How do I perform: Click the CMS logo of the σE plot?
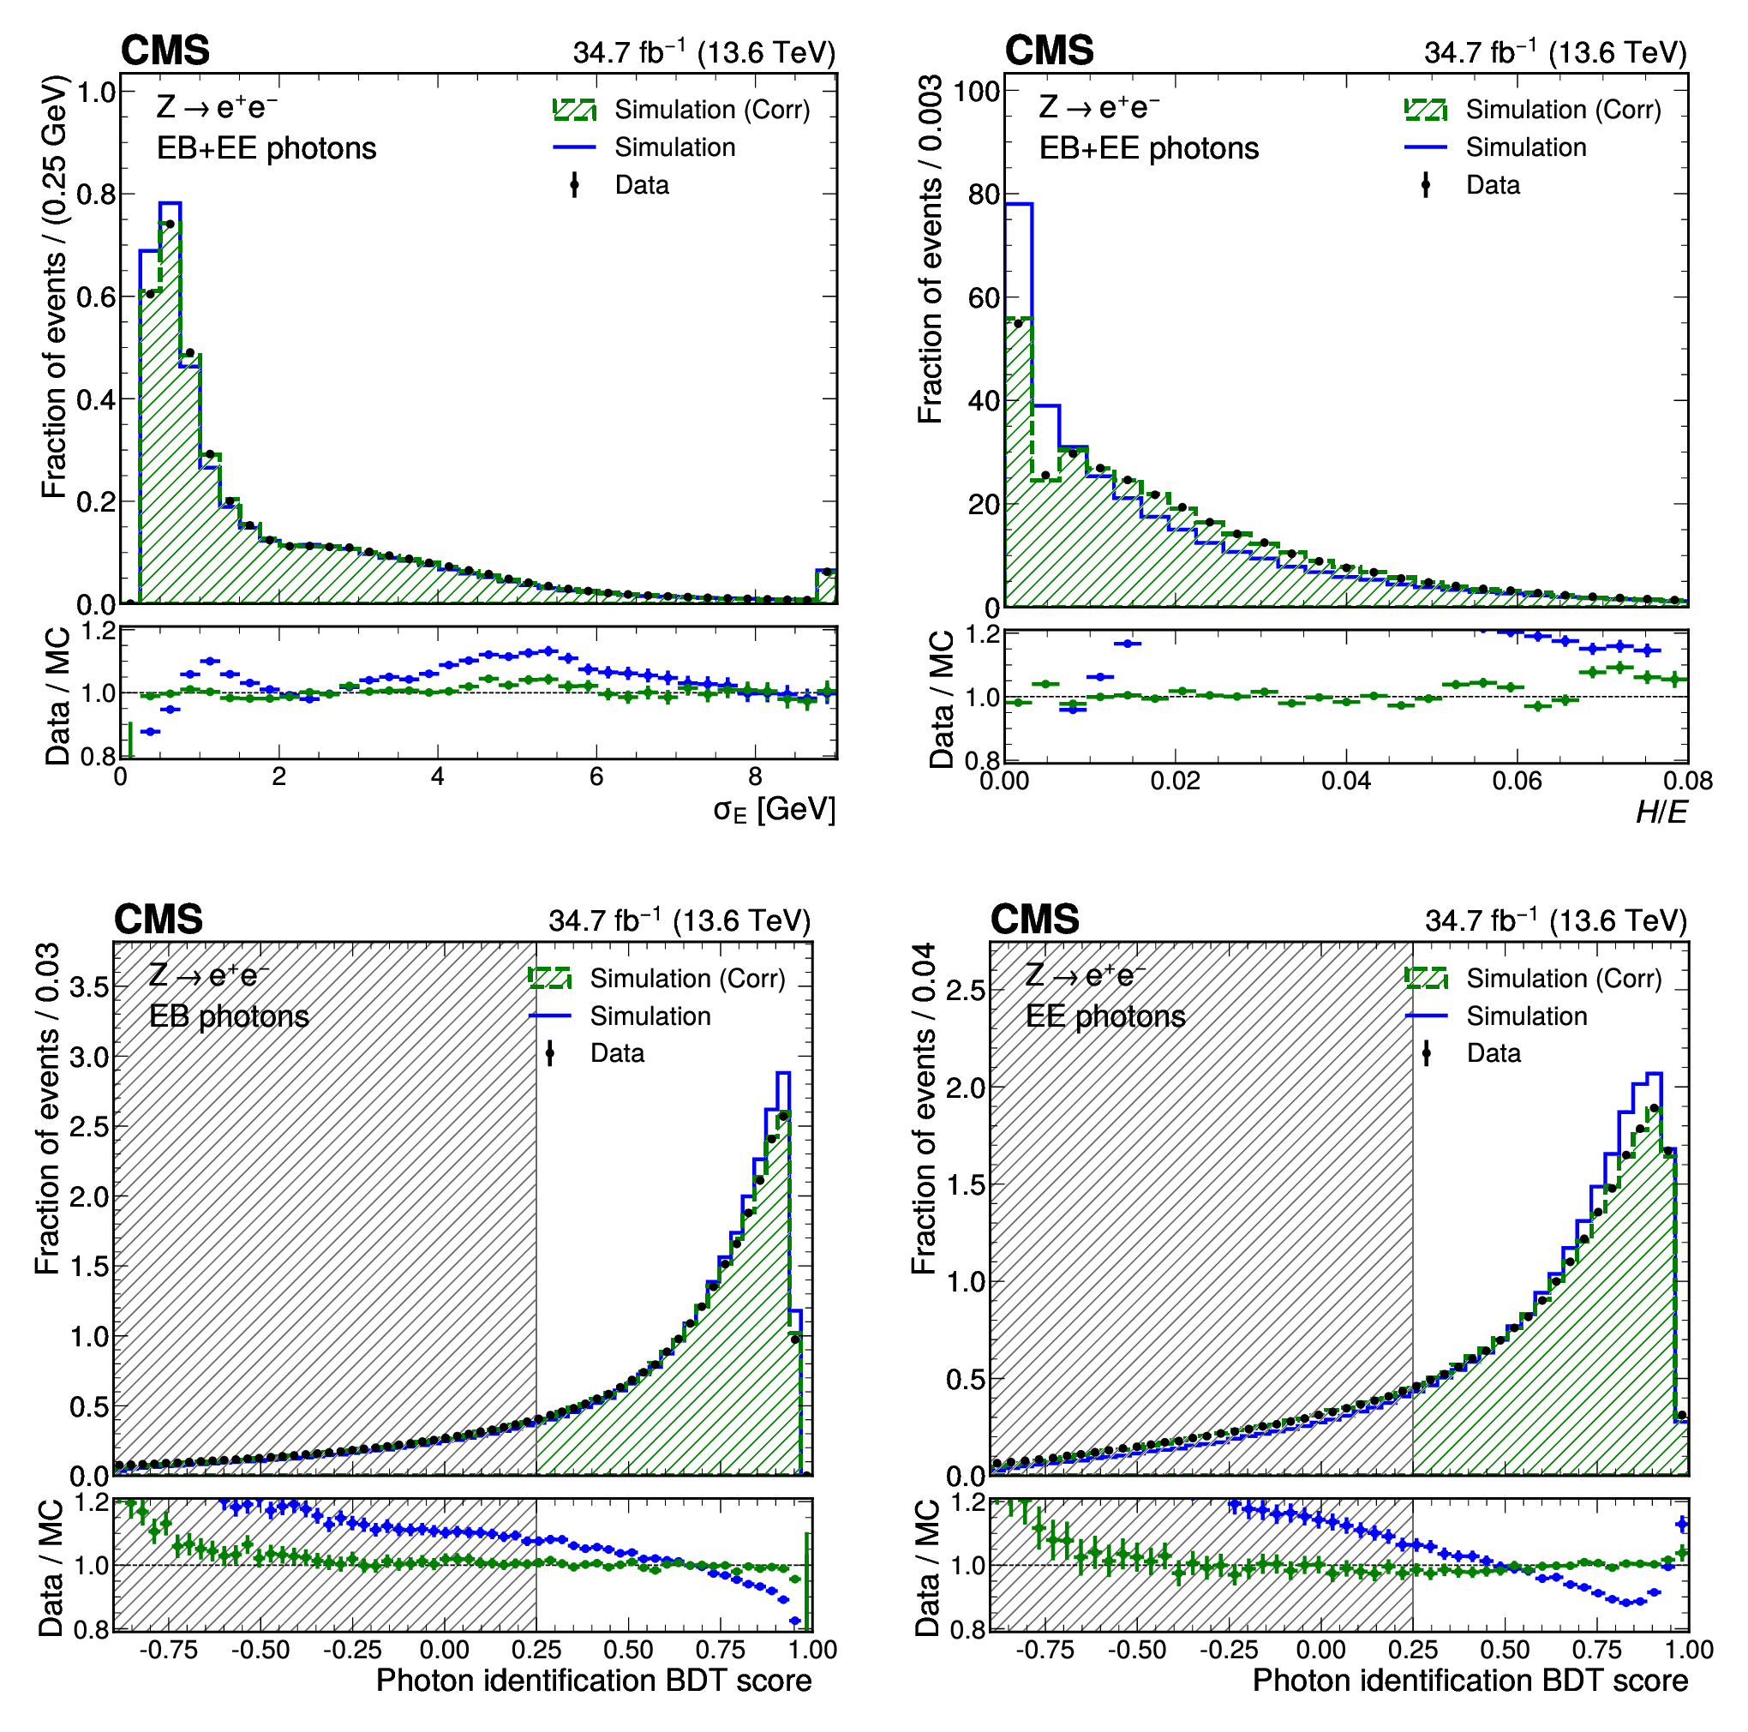coord(165,51)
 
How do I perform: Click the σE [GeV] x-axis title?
coord(774,810)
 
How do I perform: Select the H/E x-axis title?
coord(1661,812)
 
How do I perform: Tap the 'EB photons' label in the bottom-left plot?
coord(229,1016)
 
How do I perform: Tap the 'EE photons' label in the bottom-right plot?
coord(1104,1016)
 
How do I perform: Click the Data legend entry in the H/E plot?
coord(1492,185)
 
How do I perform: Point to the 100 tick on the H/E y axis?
coord(975,92)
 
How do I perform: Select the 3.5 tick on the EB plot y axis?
coord(90,986)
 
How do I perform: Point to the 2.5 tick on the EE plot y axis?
coord(966,989)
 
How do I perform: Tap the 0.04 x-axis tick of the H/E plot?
coord(1345,780)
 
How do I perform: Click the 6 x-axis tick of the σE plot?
coord(596,776)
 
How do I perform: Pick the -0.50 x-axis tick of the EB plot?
coord(260,1649)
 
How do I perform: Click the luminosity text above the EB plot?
coord(679,920)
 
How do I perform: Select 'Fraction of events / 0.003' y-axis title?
coord(930,249)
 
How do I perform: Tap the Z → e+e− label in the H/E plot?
coord(1098,108)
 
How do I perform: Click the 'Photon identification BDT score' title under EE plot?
coord(1470,1681)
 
